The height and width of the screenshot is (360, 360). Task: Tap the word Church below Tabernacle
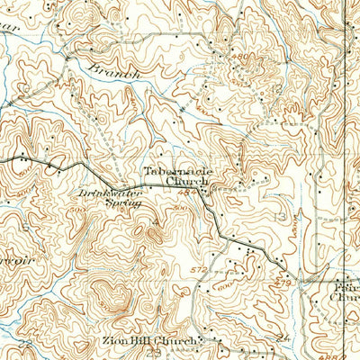pos(187,180)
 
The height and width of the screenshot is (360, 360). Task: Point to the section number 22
pos(24,345)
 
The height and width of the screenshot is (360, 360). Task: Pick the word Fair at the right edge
pos(346,279)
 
